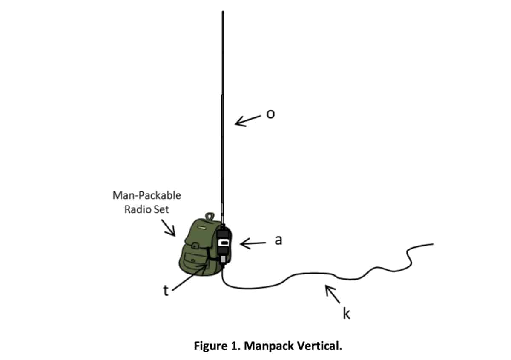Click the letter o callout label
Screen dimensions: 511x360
pyautogui.click(x=270, y=114)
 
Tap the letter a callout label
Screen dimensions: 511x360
pyautogui.click(x=278, y=240)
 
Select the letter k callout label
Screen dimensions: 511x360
pyautogui.click(x=347, y=313)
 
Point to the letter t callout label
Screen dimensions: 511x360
pyautogui.click(x=166, y=291)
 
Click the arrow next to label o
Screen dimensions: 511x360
pyautogui.click(x=248, y=121)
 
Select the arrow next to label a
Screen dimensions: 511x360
pyautogui.click(x=253, y=244)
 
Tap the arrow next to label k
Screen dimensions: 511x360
pyautogui.click(x=333, y=294)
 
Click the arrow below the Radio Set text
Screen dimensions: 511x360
pyautogui.click(x=168, y=228)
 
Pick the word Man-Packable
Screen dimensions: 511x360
pyautogui.click(x=146, y=195)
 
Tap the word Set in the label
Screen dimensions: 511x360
pyautogui.click(x=161, y=209)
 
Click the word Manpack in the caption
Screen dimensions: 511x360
pyautogui.click(x=269, y=346)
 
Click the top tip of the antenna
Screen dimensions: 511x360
pyautogui.click(x=223, y=11)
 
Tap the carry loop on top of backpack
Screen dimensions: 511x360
pyautogui.click(x=210, y=216)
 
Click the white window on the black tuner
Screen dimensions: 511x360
pyautogui.click(x=223, y=243)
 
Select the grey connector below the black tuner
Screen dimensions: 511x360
pyautogui.click(x=223, y=259)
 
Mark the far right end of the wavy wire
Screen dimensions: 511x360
pyautogui.click(x=433, y=244)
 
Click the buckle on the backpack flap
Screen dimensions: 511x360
pyautogui.click(x=194, y=246)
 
